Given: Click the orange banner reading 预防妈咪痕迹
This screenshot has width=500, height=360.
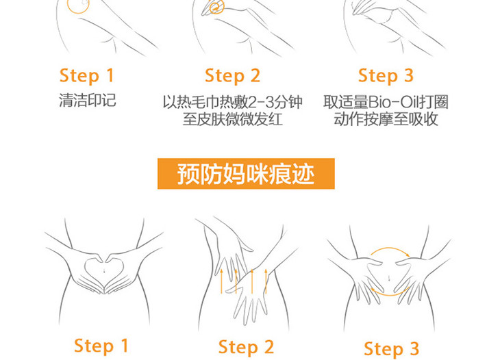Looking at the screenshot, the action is pos(246,174).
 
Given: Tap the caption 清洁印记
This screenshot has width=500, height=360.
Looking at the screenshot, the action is pos(88,100).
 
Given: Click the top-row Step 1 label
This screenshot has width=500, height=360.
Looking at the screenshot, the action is pos(86,76).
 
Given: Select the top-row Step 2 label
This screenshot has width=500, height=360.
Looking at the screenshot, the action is pos(232,76).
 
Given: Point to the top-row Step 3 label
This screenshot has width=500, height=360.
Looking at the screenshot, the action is pos(386,76).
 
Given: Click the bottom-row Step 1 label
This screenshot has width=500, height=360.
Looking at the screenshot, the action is pos(101,346).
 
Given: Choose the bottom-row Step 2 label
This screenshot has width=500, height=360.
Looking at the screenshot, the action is pos(246,347).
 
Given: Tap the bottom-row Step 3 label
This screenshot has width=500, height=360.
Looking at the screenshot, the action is pos(391,348).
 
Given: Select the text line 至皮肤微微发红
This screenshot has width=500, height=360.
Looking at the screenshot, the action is pos(232,120).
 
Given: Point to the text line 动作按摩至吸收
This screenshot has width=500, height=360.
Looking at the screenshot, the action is pos(386,119).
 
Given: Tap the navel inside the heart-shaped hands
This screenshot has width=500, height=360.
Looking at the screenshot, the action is pos(105,271).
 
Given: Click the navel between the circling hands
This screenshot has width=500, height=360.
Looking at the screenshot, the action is pos(389,277).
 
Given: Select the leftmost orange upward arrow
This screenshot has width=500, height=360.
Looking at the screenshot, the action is pos(221,281).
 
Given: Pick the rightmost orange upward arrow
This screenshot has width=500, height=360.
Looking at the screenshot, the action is pos(266,281).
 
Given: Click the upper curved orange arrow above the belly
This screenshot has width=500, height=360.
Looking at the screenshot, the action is pos(389,248).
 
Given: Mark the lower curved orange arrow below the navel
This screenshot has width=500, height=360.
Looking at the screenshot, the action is pos(389,296).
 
